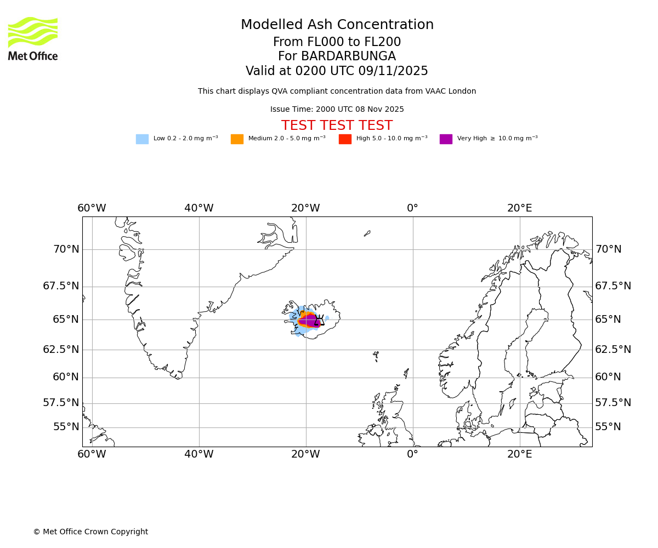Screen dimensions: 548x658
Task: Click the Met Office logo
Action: point(33,38)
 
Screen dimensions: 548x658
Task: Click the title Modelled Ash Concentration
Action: point(337,25)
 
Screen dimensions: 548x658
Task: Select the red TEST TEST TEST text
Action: point(337,126)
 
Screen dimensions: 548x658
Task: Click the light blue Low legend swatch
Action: point(142,139)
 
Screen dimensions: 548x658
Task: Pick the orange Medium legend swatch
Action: point(237,139)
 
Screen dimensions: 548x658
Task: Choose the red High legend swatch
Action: point(345,139)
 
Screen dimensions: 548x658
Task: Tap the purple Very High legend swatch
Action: point(446,139)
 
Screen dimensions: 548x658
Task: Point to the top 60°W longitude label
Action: point(92,208)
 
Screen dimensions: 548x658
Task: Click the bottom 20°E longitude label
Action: point(519,454)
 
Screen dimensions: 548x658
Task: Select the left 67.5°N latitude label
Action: point(61,286)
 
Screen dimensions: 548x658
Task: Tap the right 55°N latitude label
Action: point(608,427)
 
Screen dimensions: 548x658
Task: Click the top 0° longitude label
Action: point(412,208)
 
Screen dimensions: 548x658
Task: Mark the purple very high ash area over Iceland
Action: point(311,320)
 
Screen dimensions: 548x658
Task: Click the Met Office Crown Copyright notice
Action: point(90,532)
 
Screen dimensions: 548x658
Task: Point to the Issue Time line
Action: point(337,110)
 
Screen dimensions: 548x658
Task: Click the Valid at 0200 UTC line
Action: point(337,71)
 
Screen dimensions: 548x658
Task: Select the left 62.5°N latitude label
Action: point(61,349)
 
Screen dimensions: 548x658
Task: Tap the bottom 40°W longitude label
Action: point(198,454)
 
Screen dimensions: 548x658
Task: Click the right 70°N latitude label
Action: point(608,249)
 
